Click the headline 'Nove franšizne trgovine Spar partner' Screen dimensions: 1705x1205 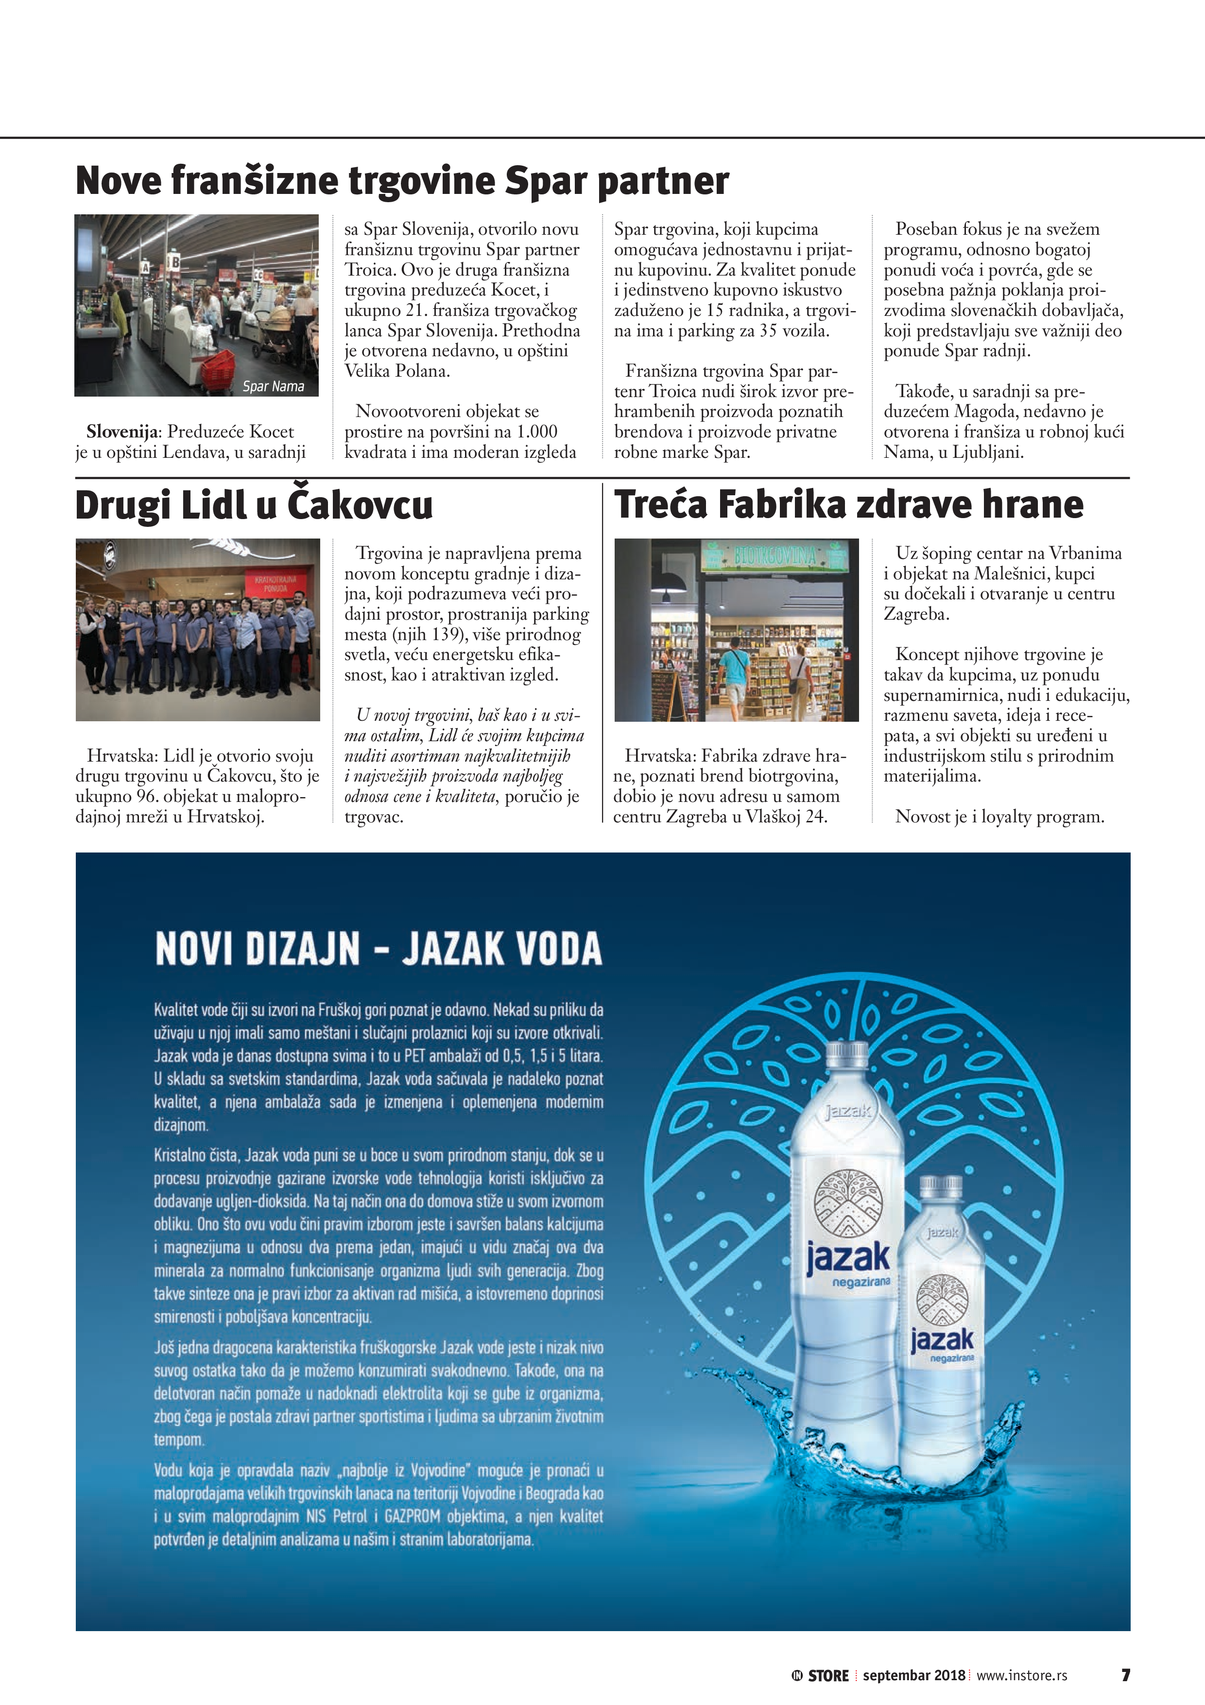pyautogui.click(x=402, y=180)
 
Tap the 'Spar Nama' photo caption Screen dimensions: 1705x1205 pyautogui.click(x=273, y=386)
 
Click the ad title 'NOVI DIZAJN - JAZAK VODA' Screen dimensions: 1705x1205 pyautogui.click(x=379, y=949)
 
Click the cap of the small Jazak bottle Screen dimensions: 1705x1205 pyautogui.click(x=941, y=1185)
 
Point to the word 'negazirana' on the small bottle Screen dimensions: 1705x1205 pyautogui.click(x=952, y=1357)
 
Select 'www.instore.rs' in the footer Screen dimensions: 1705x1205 pyautogui.click(x=1022, y=1675)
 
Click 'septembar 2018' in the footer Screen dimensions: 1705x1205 pyautogui.click(x=913, y=1675)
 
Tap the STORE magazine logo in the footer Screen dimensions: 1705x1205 pyautogui.click(x=820, y=1675)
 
